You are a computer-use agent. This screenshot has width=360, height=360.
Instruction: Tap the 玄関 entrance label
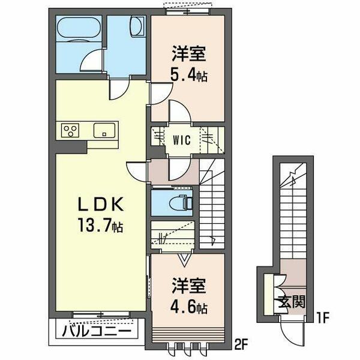tap(291, 301)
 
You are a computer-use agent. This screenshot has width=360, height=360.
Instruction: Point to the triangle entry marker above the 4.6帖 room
tap(184, 259)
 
